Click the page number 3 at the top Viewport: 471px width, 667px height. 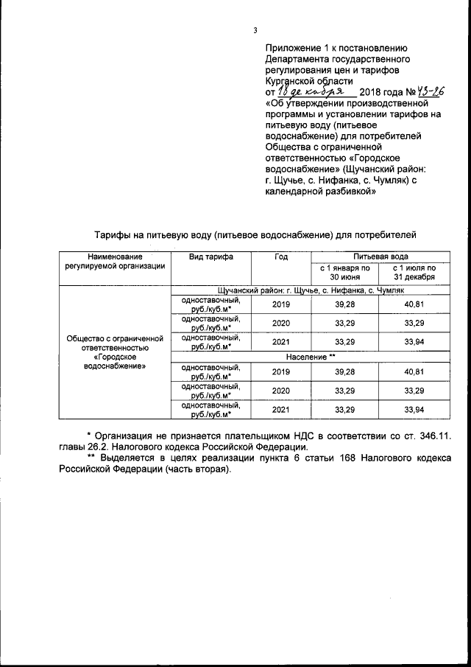(255, 30)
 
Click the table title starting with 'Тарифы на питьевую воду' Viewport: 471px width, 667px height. (255, 235)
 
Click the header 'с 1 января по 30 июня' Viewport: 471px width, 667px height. (344, 272)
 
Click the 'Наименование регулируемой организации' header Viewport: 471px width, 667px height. (114, 261)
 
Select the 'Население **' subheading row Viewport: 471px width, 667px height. (311, 356)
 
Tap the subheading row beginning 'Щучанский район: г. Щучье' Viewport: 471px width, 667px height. (311, 291)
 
